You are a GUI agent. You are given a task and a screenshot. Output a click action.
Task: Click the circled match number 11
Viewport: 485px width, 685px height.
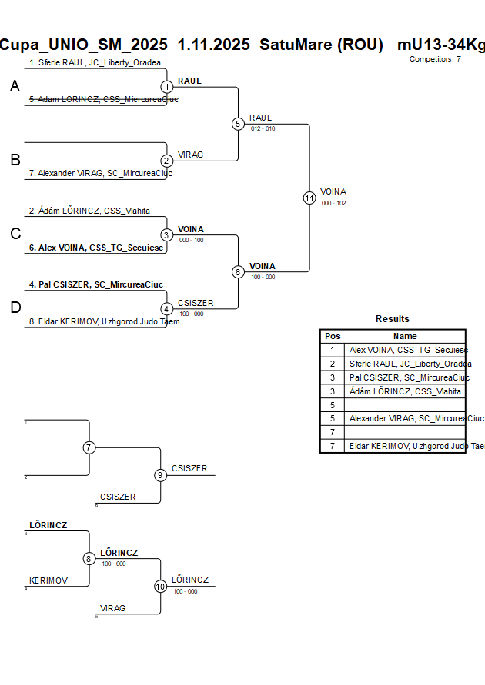tap(309, 198)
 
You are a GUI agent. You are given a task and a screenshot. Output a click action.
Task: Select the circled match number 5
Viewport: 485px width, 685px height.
tap(238, 124)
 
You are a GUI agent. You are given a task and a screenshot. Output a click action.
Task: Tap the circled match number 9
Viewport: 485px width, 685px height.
tap(160, 475)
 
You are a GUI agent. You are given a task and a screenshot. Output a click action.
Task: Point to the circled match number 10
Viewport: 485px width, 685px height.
tap(160, 587)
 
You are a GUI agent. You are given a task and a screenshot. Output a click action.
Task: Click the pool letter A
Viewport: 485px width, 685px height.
tap(15, 88)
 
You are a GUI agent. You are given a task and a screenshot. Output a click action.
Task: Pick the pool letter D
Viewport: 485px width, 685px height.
tap(15, 308)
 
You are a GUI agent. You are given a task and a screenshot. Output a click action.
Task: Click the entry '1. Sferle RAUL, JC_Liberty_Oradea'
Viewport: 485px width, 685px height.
tap(95, 62)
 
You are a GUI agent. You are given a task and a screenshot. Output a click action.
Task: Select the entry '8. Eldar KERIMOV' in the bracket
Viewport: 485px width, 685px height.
tap(104, 322)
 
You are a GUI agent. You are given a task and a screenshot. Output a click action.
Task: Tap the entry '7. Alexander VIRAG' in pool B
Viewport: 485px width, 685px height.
tap(100, 174)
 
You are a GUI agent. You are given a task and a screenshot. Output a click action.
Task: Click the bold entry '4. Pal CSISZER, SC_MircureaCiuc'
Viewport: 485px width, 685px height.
tap(96, 285)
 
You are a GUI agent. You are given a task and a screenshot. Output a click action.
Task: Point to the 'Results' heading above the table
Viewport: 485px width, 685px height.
tap(393, 319)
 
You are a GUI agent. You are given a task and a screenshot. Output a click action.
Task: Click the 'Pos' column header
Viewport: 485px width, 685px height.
tap(333, 336)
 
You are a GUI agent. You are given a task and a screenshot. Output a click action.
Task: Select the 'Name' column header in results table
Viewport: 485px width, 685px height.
tap(405, 336)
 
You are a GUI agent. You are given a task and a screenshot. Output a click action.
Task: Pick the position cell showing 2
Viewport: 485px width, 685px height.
tap(333, 364)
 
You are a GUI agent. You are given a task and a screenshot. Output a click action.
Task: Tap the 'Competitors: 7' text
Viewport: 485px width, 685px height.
tap(435, 58)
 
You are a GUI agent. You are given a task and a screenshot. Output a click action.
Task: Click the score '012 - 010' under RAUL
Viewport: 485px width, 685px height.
tap(263, 128)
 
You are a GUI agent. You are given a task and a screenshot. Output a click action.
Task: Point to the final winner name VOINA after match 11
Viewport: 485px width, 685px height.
tap(333, 191)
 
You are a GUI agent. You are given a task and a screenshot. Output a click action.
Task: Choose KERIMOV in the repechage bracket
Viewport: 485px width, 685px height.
tap(49, 580)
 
